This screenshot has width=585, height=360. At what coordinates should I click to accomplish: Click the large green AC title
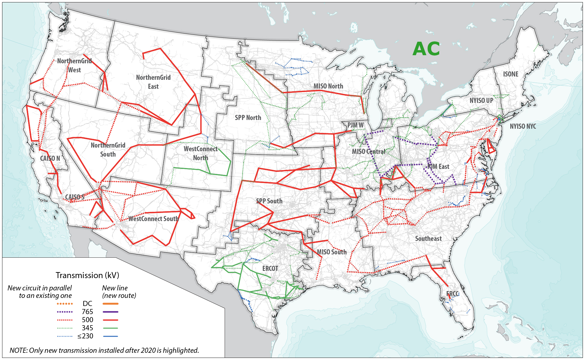tap(426, 49)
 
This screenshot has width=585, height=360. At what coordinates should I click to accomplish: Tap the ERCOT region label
tap(270, 268)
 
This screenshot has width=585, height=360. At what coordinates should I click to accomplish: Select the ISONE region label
tap(511, 74)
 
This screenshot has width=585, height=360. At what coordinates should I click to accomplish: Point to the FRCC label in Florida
tap(452, 294)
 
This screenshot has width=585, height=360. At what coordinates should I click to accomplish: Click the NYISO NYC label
tap(523, 126)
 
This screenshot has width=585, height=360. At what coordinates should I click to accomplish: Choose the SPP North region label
tap(248, 118)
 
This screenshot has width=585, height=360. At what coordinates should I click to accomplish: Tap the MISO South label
tap(331, 252)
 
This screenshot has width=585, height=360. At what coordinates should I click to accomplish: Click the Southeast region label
tap(428, 238)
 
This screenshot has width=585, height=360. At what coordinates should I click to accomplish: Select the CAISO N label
tap(50, 158)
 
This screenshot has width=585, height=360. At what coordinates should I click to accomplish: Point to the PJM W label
tap(355, 125)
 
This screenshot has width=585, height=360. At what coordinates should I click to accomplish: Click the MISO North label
tap(328, 86)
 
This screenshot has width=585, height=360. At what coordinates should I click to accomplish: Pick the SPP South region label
tap(269, 201)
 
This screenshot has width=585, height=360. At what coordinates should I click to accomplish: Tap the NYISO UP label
tap(481, 100)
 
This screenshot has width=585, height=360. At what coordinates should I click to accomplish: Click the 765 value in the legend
tap(87, 312)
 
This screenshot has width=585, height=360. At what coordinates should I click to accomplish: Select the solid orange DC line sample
tap(110, 304)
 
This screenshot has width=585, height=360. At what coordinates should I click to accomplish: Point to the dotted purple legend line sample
tap(64, 312)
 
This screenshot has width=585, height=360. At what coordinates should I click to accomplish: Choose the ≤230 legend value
tap(85, 336)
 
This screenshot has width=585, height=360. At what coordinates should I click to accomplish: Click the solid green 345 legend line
tap(110, 328)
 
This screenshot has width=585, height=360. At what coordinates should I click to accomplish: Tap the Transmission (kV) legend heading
tap(87, 275)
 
